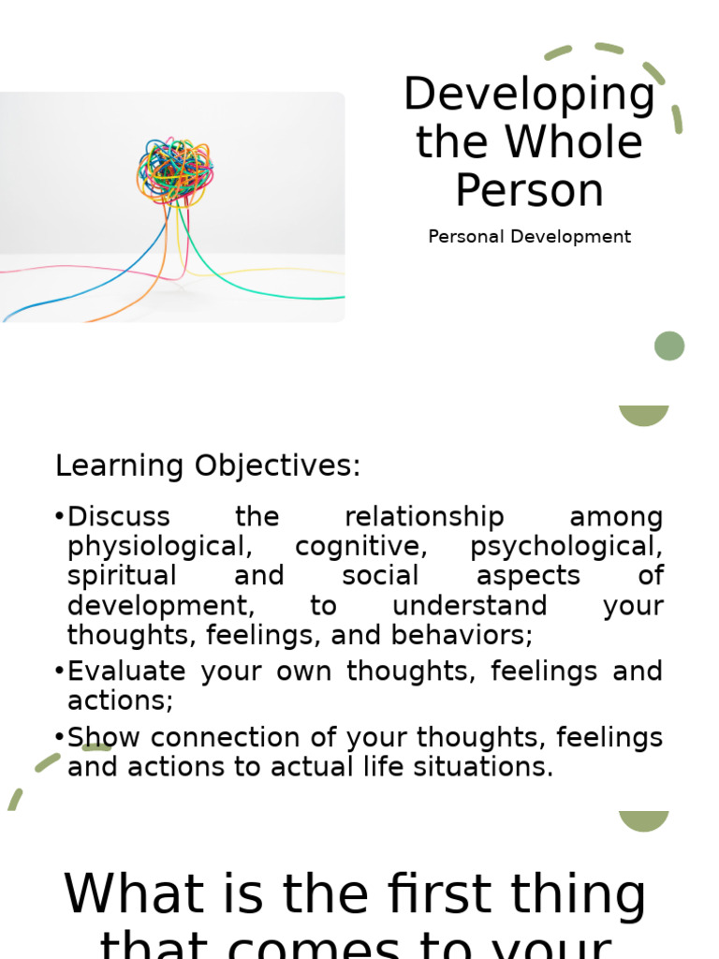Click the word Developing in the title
pyautogui.click(x=529, y=96)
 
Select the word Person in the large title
pyautogui.click(x=529, y=190)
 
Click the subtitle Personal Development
pyautogui.click(x=529, y=237)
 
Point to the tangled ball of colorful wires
pyautogui.click(x=175, y=170)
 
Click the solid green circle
pyautogui.click(x=669, y=346)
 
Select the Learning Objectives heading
pyautogui.click(x=208, y=465)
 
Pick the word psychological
pyautogui.click(x=566, y=546)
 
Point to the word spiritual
pyautogui.click(x=122, y=576)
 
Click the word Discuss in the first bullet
pyautogui.click(x=119, y=516)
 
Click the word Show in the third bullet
pyautogui.click(x=97, y=737)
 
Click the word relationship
pyautogui.click(x=424, y=516)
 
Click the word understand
pyautogui.click(x=469, y=606)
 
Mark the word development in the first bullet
pyautogui.click(x=160, y=606)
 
